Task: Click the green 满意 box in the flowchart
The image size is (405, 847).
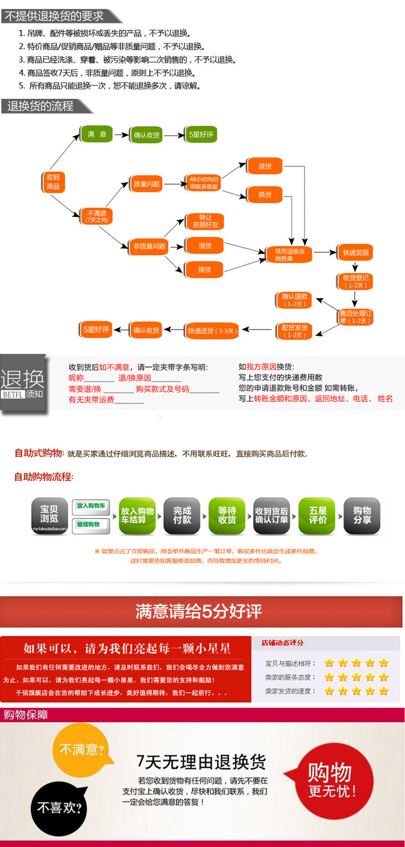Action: tap(96, 134)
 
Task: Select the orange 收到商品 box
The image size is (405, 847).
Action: tap(53, 182)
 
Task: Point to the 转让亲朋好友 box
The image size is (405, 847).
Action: tap(205, 221)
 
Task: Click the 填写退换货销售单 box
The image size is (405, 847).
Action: tap(289, 254)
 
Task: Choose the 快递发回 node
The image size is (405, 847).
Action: tap(355, 252)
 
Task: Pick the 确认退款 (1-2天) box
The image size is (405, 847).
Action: tap(294, 300)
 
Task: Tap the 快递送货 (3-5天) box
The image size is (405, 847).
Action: tap(212, 331)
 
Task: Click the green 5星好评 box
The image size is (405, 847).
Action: tap(201, 134)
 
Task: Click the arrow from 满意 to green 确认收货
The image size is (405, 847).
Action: tap(122, 135)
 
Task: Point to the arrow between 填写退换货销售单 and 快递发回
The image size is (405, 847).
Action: tap(325, 252)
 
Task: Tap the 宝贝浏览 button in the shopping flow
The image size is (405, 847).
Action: tap(49, 515)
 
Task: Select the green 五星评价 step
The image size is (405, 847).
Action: tap(317, 515)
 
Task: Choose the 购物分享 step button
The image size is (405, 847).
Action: tap(362, 515)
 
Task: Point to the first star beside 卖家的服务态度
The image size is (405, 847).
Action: tap(329, 677)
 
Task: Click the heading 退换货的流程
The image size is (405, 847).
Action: tap(41, 106)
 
